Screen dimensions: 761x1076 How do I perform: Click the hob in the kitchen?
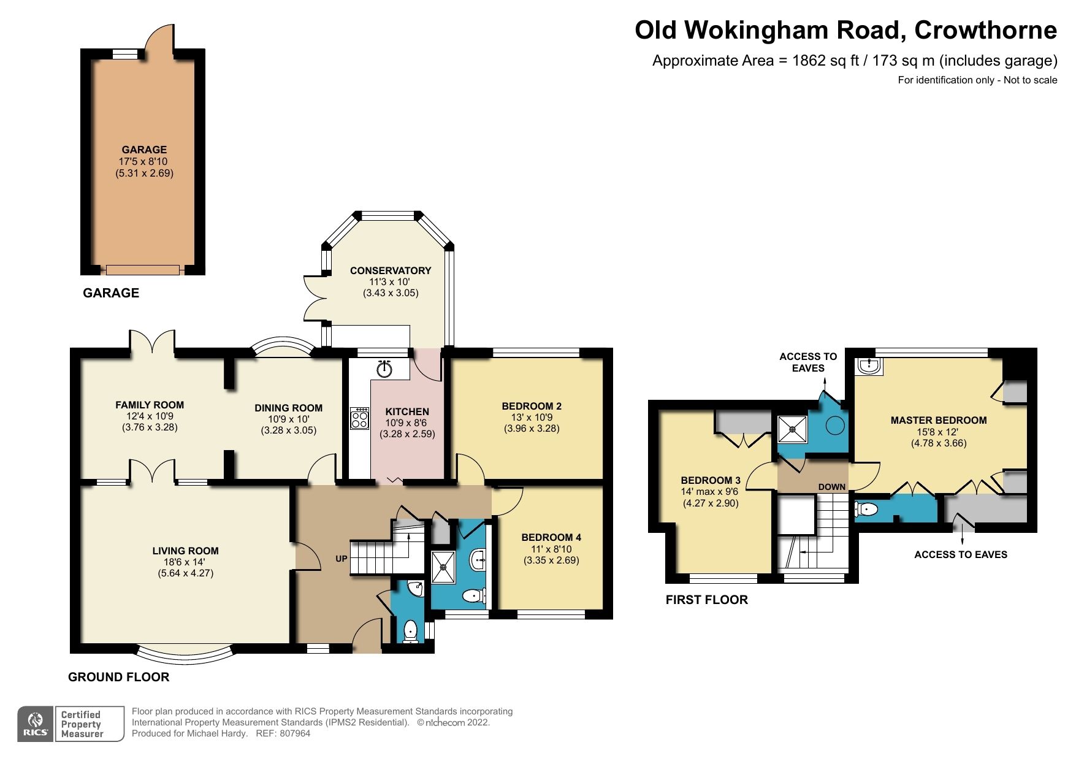point(360,418)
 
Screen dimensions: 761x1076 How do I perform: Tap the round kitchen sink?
point(384,369)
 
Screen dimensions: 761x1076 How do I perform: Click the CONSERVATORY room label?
point(391,270)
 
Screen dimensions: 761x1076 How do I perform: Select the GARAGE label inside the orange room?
point(144,150)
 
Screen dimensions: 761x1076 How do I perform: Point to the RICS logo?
point(36,724)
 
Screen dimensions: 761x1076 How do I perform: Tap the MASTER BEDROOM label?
point(938,421)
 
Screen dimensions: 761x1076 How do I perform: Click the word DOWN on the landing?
point(831,487)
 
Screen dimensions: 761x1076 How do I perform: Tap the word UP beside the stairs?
point(341,559)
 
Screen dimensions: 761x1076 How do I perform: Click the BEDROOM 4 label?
point(551,537)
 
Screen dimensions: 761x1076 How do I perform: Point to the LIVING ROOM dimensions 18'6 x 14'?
point(185,562)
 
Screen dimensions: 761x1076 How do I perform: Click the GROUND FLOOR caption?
point(118,677)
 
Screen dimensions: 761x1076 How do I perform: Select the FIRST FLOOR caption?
point(706,600)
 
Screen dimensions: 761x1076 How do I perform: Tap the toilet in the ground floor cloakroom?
point(410,630)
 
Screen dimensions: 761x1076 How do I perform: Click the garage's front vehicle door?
point(143,270)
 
